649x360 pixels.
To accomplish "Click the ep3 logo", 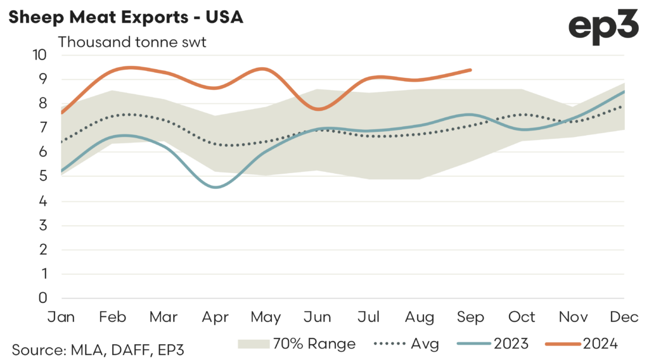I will tap(603, 29).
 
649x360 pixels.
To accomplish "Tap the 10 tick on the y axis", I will tap(41, 55).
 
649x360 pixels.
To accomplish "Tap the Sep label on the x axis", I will tap(472, 317).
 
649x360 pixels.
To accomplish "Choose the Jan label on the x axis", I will tap(61, 317).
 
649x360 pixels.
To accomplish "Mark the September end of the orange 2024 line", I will tap(470, 70).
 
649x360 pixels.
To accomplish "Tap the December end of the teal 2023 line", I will tap(624, 91).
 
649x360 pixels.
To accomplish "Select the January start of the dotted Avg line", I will tap(61, 142).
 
